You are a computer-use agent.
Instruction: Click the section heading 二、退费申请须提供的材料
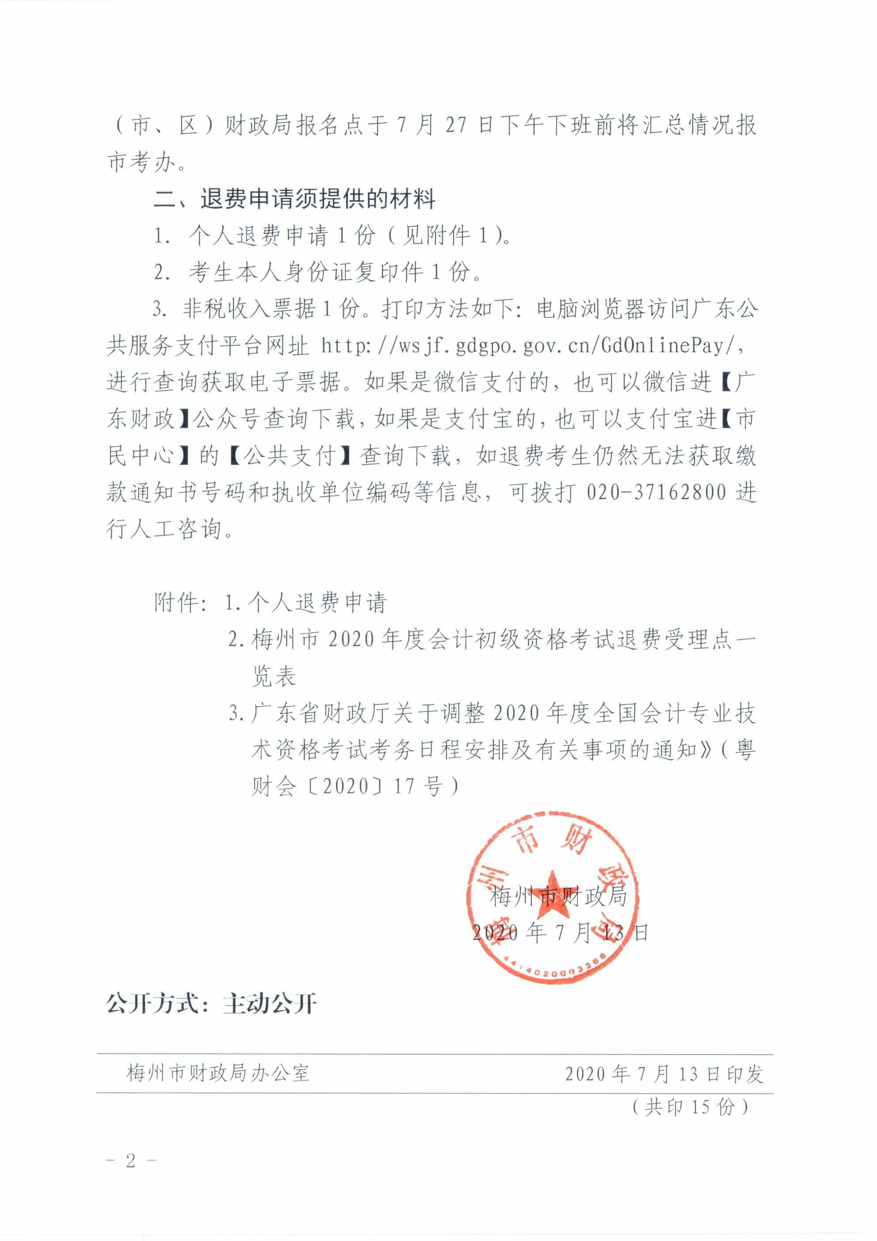tap(295, 199)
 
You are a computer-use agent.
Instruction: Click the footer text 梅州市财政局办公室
tap(218, 1072)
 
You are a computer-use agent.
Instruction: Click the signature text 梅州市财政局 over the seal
tap(558, 897)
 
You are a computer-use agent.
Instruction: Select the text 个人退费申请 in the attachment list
tap(317, 603)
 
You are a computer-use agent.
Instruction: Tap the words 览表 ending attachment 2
tap(274, 676)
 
